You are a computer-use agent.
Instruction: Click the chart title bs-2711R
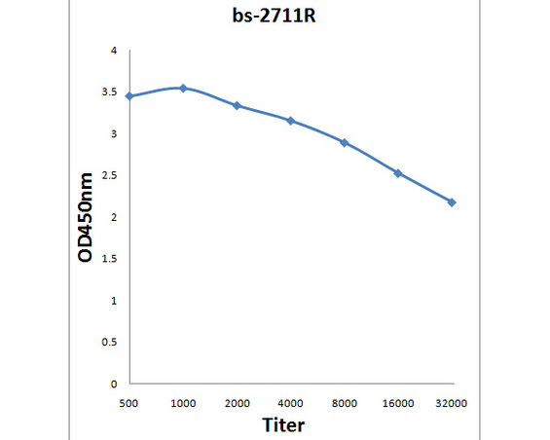274,16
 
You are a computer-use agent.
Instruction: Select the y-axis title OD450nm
86,217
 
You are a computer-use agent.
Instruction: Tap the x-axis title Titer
283,424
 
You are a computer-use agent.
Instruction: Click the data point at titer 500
129,96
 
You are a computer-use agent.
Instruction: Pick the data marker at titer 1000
183,88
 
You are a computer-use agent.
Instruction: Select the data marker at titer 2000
237,105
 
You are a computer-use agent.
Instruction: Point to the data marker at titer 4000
290,121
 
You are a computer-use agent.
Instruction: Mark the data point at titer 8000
345,143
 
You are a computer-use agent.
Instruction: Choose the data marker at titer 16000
398,173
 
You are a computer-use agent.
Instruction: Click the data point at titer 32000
452,202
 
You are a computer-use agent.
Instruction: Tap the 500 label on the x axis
128,404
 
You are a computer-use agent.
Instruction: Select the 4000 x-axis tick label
290,404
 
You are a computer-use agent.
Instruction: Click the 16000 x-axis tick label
398,404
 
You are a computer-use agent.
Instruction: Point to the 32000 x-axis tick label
452,404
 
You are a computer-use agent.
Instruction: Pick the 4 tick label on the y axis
114,51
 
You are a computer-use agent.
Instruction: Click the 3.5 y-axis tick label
109,92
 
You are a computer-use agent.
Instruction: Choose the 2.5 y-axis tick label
109,175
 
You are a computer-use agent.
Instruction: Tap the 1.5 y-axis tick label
109,259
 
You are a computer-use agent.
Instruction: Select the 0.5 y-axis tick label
109,342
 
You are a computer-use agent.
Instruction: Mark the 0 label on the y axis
114,384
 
